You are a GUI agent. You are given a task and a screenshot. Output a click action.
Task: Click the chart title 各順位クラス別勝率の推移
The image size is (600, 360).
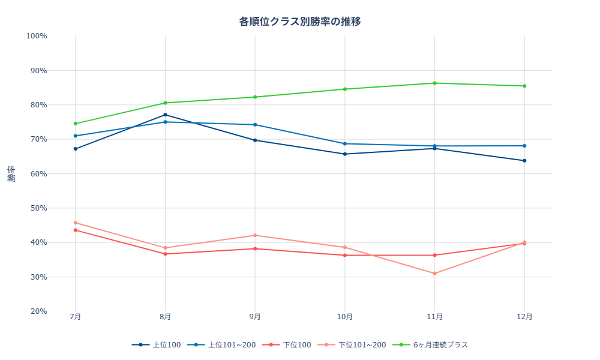point(300,22)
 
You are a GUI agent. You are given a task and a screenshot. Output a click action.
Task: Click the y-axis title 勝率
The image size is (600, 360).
point(12,173)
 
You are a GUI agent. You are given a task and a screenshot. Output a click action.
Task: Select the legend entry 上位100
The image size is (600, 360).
point(157,345)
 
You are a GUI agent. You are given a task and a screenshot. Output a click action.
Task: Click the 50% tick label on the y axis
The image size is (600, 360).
point(37,208)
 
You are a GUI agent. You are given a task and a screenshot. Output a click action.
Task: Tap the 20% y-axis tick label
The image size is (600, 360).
point(37,311)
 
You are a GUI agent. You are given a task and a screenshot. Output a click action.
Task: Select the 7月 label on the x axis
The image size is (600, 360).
point(75,317)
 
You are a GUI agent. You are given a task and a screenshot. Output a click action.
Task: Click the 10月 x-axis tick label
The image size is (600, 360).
point(345,317)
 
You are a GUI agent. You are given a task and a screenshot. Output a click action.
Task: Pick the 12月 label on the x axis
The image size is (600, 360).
point(525,317)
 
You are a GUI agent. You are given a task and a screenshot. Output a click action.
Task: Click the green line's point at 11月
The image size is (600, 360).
point(435,83)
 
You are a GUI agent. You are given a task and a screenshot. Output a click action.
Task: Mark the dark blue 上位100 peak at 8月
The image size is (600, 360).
point(165,115)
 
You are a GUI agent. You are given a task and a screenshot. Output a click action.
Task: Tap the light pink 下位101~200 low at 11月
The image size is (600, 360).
point(435,274)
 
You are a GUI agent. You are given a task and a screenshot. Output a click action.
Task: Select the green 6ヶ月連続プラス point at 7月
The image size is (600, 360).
point(75,124)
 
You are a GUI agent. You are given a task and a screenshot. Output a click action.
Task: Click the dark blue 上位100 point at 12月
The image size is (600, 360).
point(525,161)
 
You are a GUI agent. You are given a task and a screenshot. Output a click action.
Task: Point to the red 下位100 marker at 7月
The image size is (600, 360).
point(75,230)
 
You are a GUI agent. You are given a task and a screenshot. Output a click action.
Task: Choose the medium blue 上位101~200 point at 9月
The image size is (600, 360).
point(255,125)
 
